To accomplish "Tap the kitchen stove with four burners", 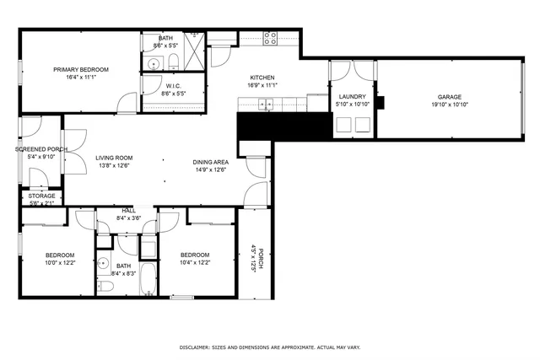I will tap(271, 38).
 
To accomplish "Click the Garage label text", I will tap(449, 97).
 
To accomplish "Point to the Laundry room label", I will tap(351, 97).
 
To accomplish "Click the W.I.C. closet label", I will tap(173, 85).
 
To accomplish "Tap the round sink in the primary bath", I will tap(155, 63).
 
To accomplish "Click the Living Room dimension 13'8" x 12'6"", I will tap(113, 165).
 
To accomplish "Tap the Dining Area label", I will tap(211, 162).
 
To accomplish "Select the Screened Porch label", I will tap(40, 148).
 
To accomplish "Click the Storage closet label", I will tap(41, 196).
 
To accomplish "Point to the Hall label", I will tap(128, 211).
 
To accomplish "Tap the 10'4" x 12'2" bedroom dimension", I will tap(195, 263).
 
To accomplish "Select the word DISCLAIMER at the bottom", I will tap(198, 347).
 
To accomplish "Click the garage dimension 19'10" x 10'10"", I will tap(449, 105).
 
